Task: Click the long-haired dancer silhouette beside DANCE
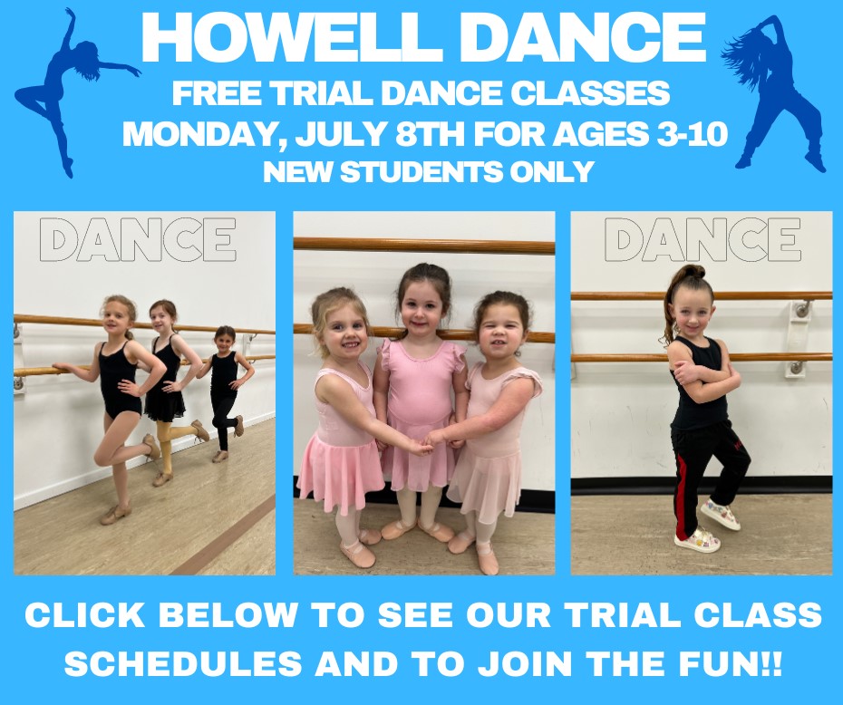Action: tap(775, 91)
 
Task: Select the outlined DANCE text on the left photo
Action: tap(138, 240)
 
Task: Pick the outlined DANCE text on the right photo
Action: tap(702, 240)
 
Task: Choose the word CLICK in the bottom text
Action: tap(86, 615)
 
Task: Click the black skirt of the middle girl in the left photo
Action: tap(166, 405)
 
